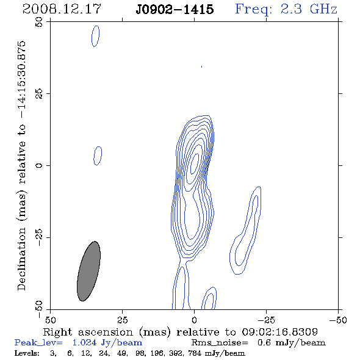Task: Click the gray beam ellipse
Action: tap(88, 271)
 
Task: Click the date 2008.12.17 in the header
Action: tap(62, 9)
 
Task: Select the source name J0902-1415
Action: tap(175, 9)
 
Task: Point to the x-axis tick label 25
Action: tap(122, 320)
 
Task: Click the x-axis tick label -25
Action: tap(266, 320)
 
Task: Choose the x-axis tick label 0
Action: tap(194, 320)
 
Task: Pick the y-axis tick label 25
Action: tap(39, 94)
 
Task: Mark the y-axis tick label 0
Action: tap(39, 165)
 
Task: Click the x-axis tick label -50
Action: tap(338, 320)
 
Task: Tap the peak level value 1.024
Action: tap(84, 342)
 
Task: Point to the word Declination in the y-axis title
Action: tap(21, 259)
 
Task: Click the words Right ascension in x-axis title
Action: tap(88, 332)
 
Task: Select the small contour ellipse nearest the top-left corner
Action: tap(96, 36)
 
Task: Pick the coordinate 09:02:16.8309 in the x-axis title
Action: tap(279, 332)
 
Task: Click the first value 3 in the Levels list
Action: tap(53, 353)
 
